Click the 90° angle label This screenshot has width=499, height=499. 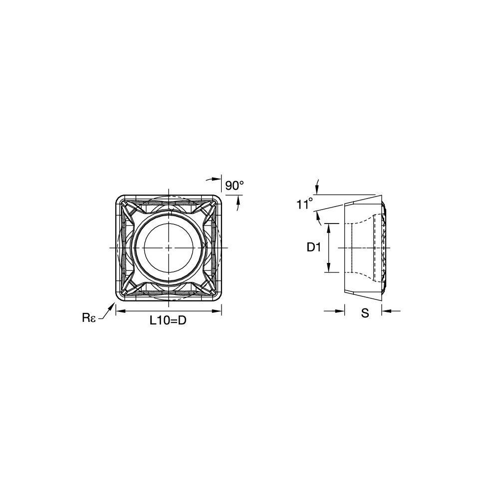click(234, 186)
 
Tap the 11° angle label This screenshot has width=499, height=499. click(304, 204)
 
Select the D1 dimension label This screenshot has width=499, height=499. click(314, 248)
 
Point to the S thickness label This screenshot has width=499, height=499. click(365, 313)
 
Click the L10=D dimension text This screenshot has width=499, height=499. click(168, 320)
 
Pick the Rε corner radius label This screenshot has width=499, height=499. click(89, 318)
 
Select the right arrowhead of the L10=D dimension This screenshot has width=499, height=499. click(217, 311)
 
